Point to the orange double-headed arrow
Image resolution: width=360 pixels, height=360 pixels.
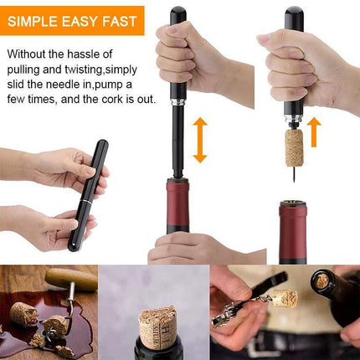(199, 139)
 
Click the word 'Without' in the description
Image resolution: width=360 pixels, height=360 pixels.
(31, 54)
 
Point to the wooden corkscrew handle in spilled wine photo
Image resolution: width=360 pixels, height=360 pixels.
(71, 279)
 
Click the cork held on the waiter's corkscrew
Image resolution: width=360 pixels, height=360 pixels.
(285, 298)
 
